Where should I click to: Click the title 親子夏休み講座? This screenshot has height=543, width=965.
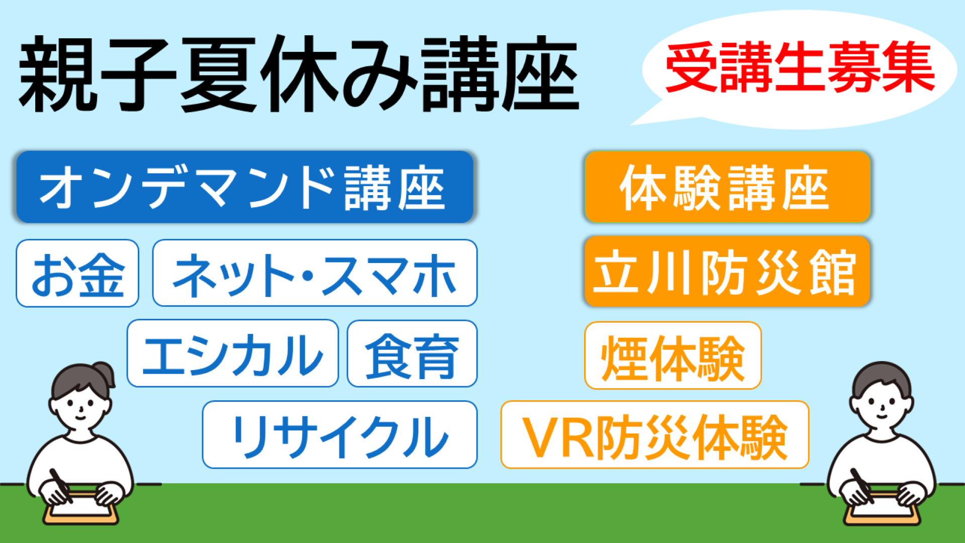(x=299, y=74)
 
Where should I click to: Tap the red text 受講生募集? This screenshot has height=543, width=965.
(x=800, y=68)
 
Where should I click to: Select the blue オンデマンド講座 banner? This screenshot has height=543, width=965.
(x=245, y=187)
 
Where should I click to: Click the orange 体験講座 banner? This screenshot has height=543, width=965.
(x=727, y=187)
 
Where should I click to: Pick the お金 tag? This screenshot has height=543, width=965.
(x=77, y=273)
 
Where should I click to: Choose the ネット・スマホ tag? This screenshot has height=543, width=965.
(x=315, y=273)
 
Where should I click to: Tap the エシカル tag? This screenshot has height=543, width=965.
(x=233, y=353)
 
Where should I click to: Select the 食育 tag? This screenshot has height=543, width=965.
(x=412, y=353)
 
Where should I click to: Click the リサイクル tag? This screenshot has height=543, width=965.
(x=340, y=434)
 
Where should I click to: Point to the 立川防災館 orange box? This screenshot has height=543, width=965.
(x=727, y=271)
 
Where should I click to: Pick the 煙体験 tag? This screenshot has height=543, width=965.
(x=673, y=355)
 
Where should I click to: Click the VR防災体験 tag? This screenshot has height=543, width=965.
(x=655, y=435)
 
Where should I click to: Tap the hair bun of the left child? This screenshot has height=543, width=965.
(x=105, y=372)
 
